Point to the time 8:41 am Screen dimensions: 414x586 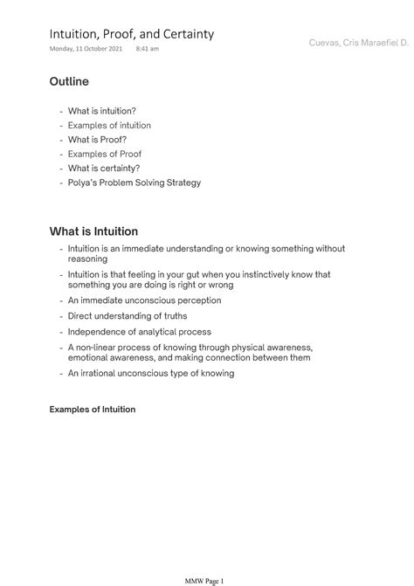point(148,49)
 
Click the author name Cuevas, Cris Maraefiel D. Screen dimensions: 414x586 point(359,42)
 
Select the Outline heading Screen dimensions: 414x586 point(69,81)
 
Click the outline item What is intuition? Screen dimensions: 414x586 point(101,111)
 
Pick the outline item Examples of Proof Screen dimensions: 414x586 point(105,154)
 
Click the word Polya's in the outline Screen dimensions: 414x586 point(84,183)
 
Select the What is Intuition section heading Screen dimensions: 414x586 point(93,231)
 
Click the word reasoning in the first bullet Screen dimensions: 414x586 point(88,259)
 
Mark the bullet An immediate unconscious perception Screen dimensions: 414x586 point(144,300)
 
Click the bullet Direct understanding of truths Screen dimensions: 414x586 point(128,315)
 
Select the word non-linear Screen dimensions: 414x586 point(97,347)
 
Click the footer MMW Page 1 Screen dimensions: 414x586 point(206,579)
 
